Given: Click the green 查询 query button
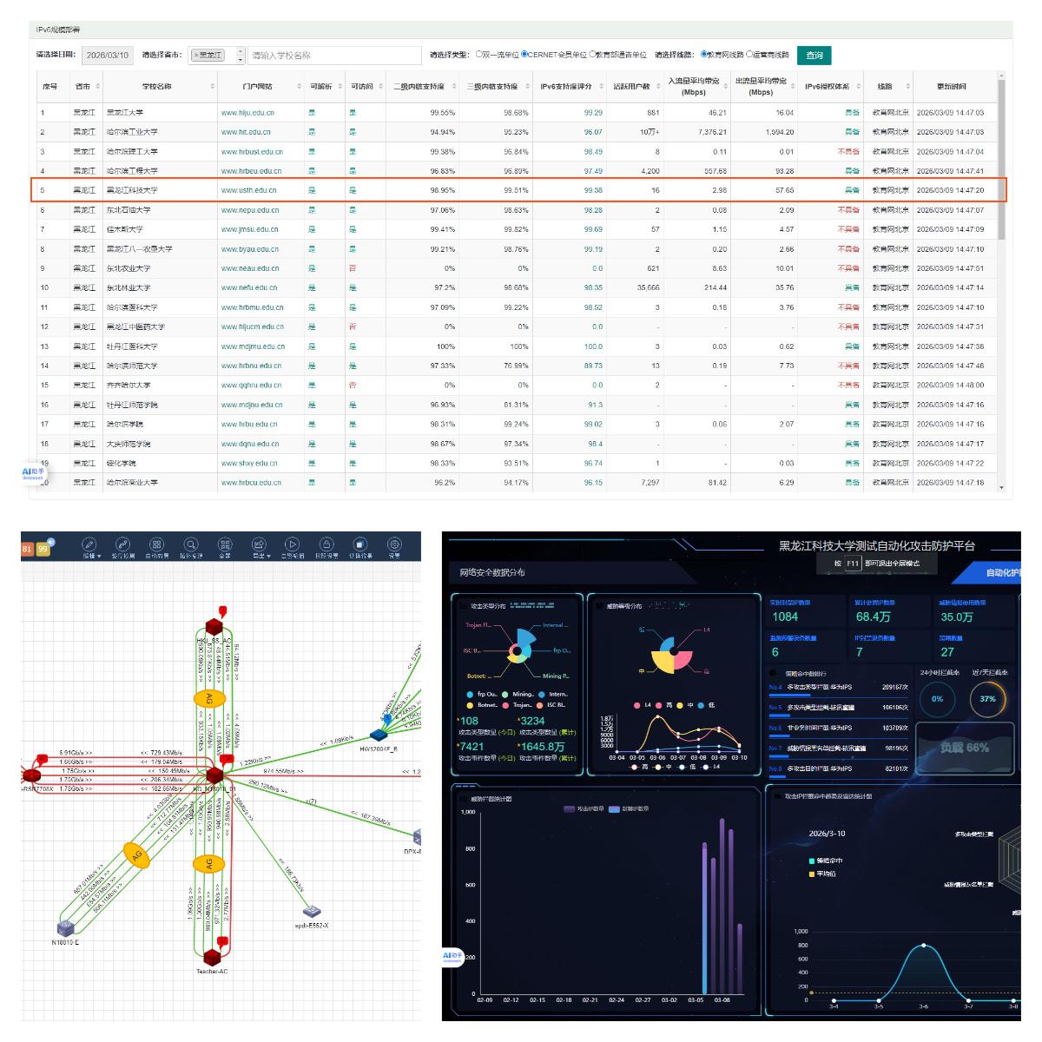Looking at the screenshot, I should coord(814,56).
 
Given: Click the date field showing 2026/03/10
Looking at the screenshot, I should coord(108,56).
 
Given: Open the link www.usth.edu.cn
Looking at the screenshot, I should coord(249,190).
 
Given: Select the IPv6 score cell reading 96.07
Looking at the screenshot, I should coord(593,132).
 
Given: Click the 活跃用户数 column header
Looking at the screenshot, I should coord(631,86).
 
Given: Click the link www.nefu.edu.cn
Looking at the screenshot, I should coord(249,287).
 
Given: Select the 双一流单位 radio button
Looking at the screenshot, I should coord(479,55).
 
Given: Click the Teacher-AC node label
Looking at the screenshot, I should coord(212,971).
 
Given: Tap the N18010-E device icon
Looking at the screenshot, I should coord(65,927).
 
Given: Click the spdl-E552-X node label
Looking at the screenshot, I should coord(312,926).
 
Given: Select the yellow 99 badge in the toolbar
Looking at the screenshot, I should coord(43,549).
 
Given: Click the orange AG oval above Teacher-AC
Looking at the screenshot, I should coord(208,863).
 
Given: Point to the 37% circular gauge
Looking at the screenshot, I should coord(988,699).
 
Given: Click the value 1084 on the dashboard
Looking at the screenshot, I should coord(785,617).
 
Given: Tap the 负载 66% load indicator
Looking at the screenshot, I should coord(965,748).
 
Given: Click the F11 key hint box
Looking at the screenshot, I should coord(853,564).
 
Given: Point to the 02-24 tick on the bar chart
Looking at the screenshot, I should coord(617,1000).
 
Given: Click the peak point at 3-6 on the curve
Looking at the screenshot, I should coord(924,945).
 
